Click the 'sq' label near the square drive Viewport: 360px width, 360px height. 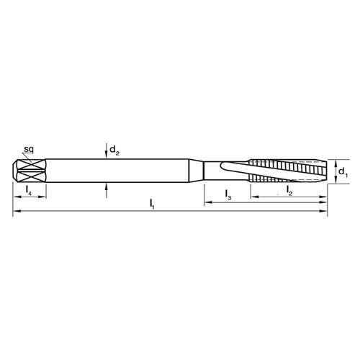tap(29, 149)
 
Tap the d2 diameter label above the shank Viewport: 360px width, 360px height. tap(114, 150)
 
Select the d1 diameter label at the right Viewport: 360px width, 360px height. tap(343, 172)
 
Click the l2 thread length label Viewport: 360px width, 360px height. tap(289, 190)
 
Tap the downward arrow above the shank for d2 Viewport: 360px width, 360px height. tap(107, 153)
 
